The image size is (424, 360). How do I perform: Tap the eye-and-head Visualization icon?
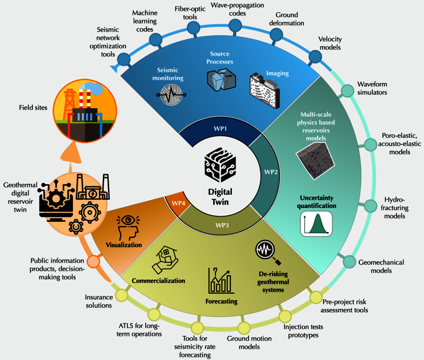point(128,226)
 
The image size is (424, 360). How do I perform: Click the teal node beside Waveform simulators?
point(346,91)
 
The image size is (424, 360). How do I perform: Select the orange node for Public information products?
point(93,261)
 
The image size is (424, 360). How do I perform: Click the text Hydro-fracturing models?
point(394,208)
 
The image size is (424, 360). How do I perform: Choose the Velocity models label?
point(330,43)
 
